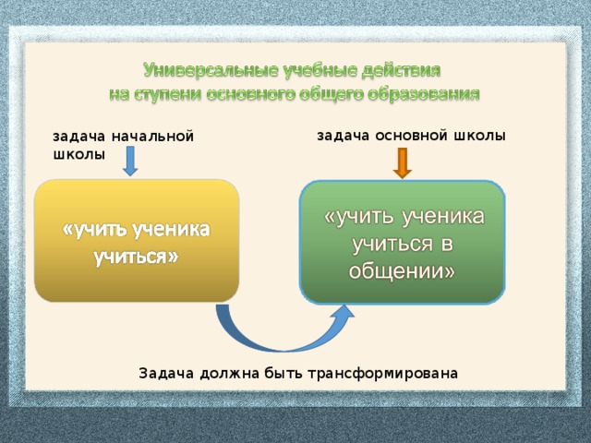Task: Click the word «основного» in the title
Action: click(x=259, y=93)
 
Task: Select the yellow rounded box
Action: click(x=137, y=240)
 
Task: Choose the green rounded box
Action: click(x=403, y=242)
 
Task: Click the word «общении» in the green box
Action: click(x=402, y=272)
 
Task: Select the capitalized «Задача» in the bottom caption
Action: click(x=166, y=373)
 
